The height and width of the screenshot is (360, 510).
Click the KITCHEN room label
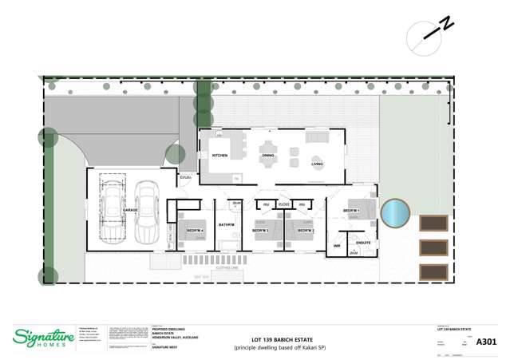coord(219,155)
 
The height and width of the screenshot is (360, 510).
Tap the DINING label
coord(268,155)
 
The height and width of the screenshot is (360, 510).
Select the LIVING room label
coord(317,163)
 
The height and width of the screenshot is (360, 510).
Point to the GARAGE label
coord(130,210)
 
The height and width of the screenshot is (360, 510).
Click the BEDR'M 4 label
coord(196,231)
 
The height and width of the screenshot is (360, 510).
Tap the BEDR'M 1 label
coord(352,211)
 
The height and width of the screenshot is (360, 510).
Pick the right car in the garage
coord(146,212)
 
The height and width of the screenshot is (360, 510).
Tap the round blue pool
coord(394,213)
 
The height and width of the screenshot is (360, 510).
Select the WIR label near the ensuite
coord(337,246)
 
